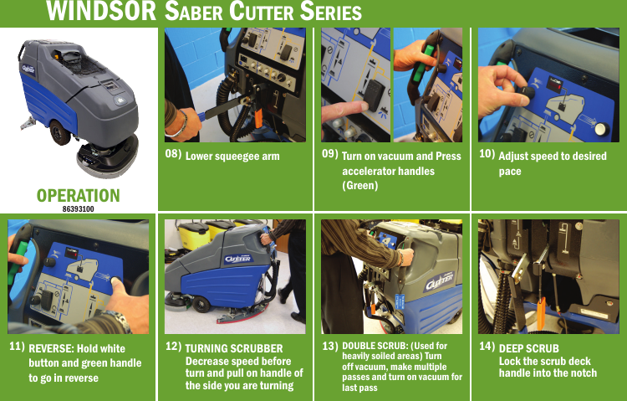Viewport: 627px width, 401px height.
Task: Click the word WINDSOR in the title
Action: [88, 13]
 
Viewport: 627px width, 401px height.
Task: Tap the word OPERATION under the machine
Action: [78, 195]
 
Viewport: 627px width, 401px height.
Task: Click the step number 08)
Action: [173, 155]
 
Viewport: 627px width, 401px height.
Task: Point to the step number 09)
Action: [329, 155]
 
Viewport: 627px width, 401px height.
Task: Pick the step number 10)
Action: [487, 155]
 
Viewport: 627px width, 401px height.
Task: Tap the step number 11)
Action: [16, 345]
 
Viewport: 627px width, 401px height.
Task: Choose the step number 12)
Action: [173, 345]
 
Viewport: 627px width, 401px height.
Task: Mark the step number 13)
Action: [329, 345]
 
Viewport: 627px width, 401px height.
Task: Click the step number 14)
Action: [487, 345]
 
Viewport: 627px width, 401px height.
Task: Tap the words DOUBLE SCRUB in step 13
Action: [373, 346]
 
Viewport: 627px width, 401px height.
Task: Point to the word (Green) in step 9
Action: [360, 185]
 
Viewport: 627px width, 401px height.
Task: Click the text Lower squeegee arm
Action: [232, 157]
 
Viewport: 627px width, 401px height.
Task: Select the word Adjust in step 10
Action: [514, 157]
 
